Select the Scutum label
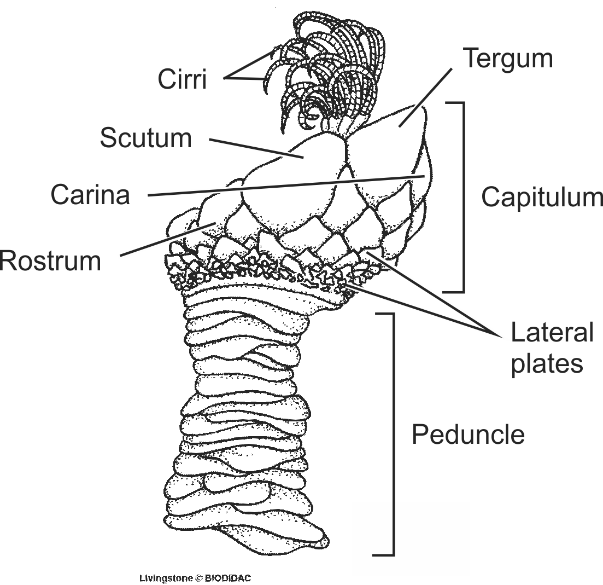tap(146, 138)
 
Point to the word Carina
tap(91, 195)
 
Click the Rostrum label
tap(50, 261)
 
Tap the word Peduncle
tap(468, 435)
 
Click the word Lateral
tap(552, 332)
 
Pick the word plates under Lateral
tap(547, 363)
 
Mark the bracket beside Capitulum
tap(463, 197)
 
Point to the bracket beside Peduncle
tap(393, 435)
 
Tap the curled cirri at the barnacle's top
tap(328, 66)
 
